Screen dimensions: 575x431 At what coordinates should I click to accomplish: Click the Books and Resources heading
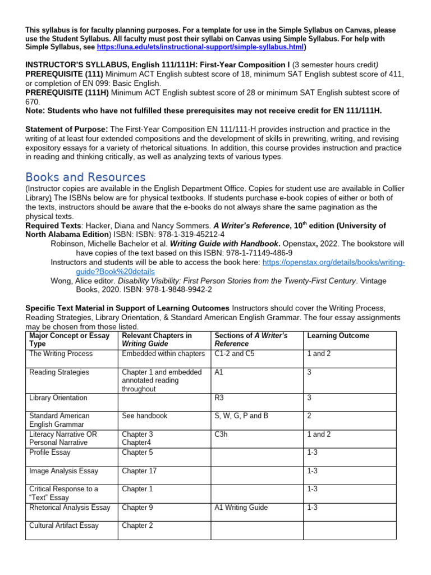(x=85, y=177)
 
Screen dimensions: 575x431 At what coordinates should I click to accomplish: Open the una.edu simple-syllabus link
(x=200, y=48)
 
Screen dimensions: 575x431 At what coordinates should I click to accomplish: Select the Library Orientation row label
(x=58, y=398)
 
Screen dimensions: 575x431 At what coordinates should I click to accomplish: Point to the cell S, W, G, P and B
(x=241, y=416)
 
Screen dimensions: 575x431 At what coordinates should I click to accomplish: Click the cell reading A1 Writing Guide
(x=241, y=508)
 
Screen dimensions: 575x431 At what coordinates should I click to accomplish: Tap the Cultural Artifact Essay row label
(x=64, y=526)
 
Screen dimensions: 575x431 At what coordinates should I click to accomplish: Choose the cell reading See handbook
(x=145, y=416)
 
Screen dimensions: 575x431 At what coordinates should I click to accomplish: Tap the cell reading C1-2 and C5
(x=237, y=354)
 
